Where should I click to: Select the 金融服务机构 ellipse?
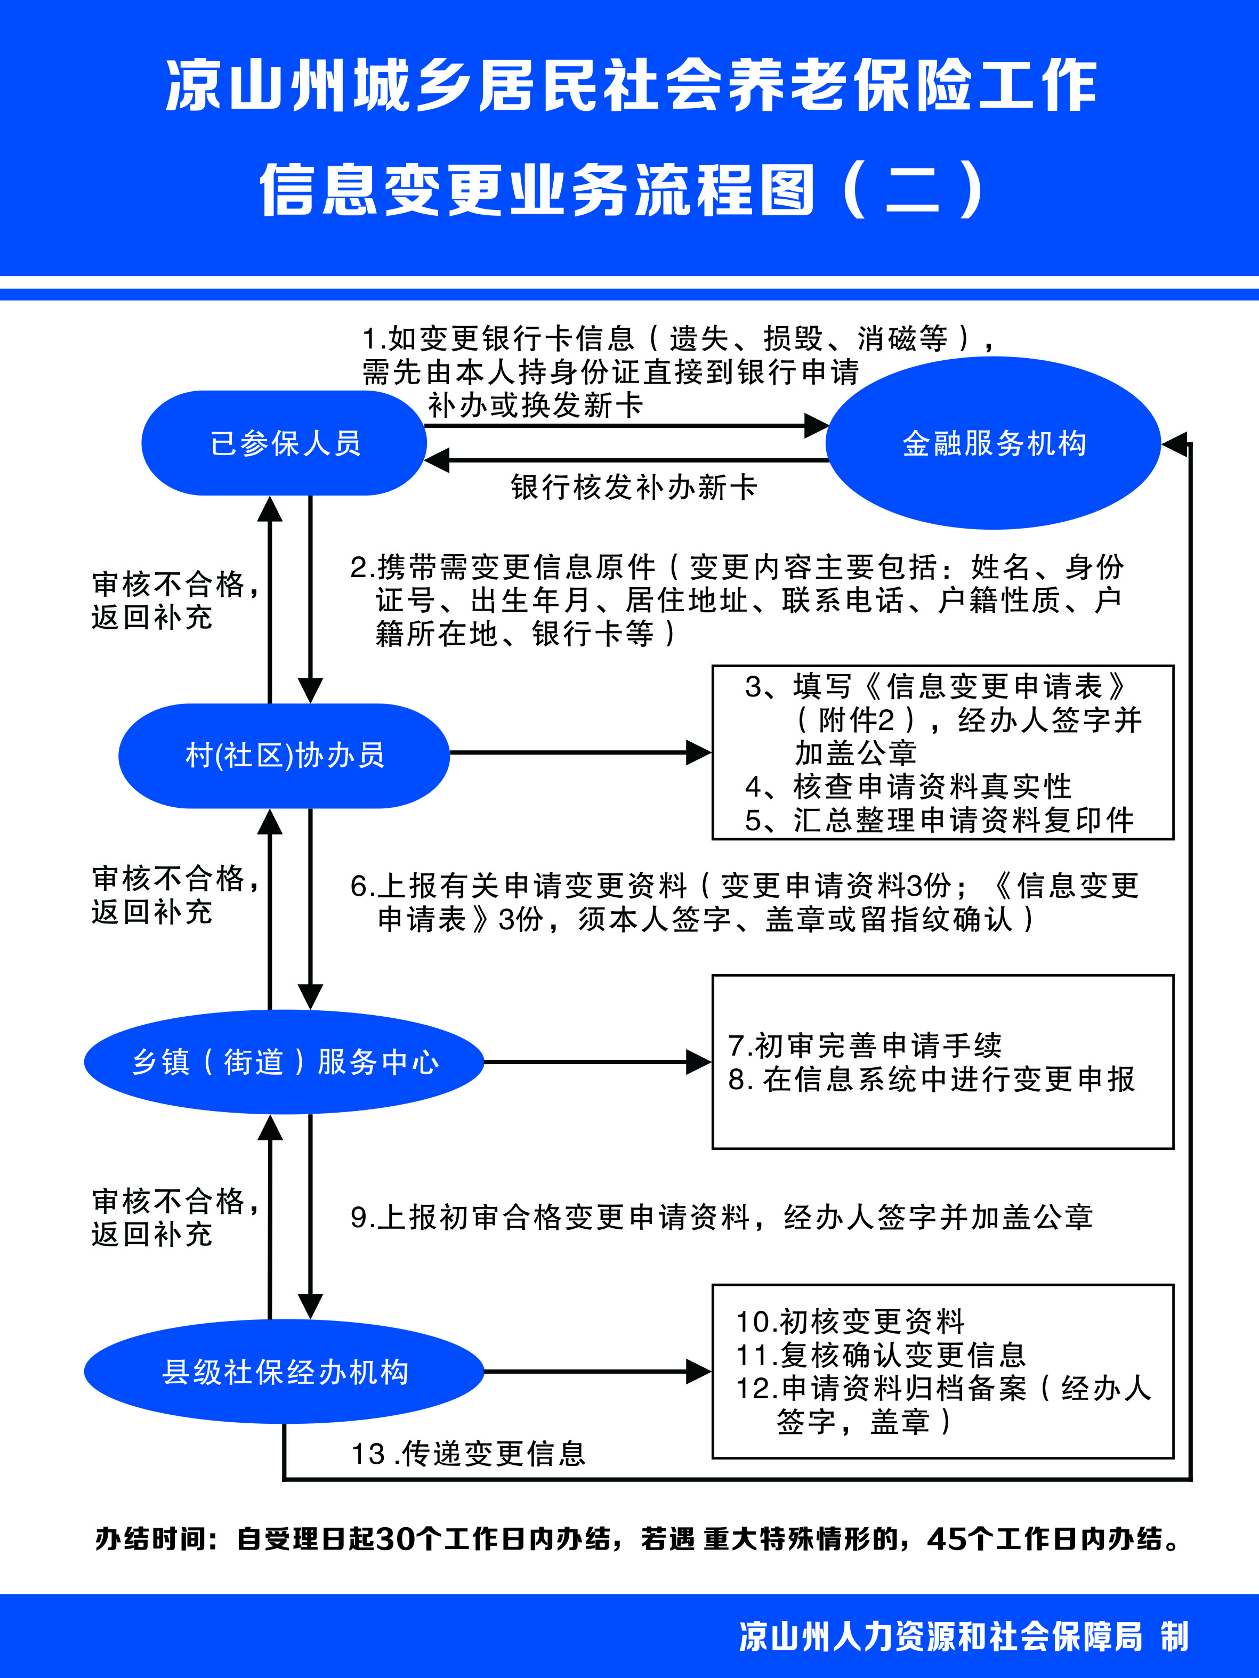point(994,443)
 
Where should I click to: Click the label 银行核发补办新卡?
point(634,487)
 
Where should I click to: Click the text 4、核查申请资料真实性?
point(908,787)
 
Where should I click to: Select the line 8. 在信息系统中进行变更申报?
point(931,1079)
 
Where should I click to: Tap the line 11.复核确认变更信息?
point(881,1355)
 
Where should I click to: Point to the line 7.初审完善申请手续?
point(865,1045)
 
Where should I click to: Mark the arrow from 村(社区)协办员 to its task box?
point(580,752)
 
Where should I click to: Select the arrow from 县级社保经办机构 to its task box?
point(598,1372)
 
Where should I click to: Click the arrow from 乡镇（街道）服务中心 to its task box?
point(598,1062)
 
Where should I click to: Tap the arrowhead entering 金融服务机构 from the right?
point(1174,444)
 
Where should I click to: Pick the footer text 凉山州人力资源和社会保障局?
point(940,1637)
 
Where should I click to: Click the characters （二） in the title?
point(913,188)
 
